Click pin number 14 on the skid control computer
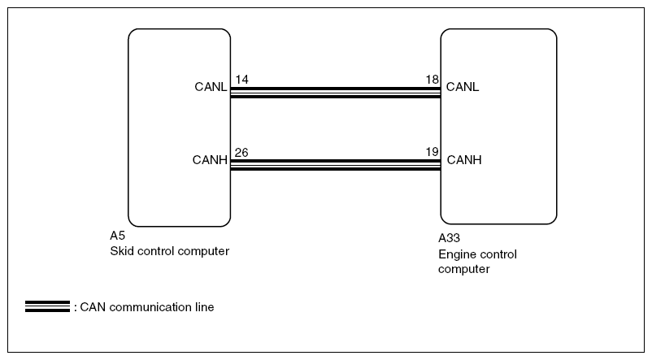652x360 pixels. (x=241, y=80)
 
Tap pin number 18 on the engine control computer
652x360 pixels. (x=432, y=80)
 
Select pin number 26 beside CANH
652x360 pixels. (x=241, y=153)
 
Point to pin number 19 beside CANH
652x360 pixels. (x=432, y=152)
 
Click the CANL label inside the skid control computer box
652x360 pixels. (x=211, y=87)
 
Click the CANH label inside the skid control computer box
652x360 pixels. (x=210, y=160)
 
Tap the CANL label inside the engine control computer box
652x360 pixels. (x=463, y=87)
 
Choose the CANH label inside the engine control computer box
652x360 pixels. (x=464, y=160)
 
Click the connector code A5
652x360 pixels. (x=117, y=236)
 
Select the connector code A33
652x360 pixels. (x=449, y=238)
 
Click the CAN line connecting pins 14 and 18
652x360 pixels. (x=335, y=93)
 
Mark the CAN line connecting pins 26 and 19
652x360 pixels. (x=335, y=165)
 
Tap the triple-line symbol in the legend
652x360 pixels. (x=47, y=306)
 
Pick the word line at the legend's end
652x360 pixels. (x=204, y=307)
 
